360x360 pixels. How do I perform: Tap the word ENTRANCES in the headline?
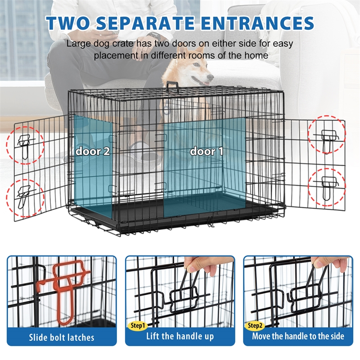coord(257,23)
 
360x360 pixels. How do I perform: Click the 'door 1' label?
coord(207,151)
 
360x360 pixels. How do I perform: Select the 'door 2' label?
coord(93,151)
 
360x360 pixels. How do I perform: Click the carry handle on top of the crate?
coord(173,86)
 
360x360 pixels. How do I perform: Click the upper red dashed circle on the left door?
coord(25,145)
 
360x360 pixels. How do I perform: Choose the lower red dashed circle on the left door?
coord(25,198)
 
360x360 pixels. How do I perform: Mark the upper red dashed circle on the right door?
coord(327,135)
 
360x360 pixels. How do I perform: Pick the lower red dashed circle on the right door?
coord(327,187)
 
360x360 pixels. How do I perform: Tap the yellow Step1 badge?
coord(138,325)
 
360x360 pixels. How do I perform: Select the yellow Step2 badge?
coord(255,325)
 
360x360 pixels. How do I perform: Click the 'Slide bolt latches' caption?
coord(62,337)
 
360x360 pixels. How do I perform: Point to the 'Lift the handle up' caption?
coord(180,336)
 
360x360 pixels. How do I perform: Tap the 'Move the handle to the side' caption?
coord(298,336)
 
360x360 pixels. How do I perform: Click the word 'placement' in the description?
coord(116,55)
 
